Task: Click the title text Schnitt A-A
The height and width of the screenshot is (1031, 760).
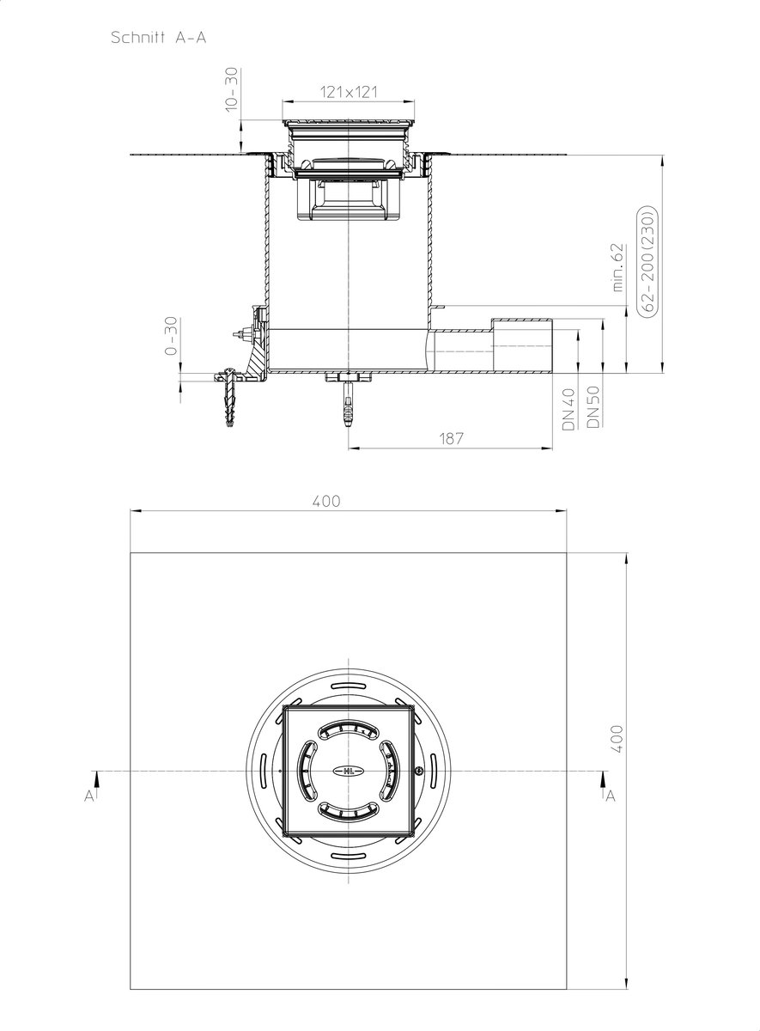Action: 158,37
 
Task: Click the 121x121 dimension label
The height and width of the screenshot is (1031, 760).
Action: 349,92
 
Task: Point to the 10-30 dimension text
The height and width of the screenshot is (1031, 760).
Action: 233,89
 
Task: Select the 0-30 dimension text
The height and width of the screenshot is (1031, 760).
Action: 171,336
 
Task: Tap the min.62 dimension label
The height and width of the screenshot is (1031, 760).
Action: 618,267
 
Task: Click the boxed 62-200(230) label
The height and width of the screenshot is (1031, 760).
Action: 648,261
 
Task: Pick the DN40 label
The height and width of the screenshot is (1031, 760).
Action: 569,409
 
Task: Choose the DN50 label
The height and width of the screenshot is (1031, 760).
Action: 593,407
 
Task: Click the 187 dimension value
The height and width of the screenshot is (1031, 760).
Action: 452,438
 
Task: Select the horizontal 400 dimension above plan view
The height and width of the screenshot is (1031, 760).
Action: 326,501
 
